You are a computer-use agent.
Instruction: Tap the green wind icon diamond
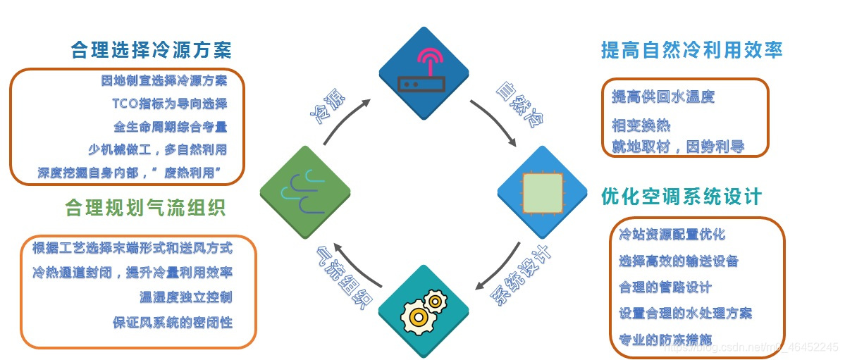[x=304, y=191]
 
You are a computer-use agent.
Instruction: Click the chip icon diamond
[x=542, y=191]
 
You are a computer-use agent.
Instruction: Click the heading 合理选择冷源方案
[x=151, y=50]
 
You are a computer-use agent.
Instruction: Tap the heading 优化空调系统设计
[x=681, y=197]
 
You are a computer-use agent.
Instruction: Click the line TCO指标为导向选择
[x=169, y=104]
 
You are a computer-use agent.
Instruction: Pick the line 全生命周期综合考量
[x=170, y=128]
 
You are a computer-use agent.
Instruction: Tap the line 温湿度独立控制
[x=185, y=296]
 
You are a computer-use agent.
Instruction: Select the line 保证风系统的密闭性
[x=172, y=322]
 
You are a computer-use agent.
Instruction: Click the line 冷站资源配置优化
[x=672, y=234]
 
